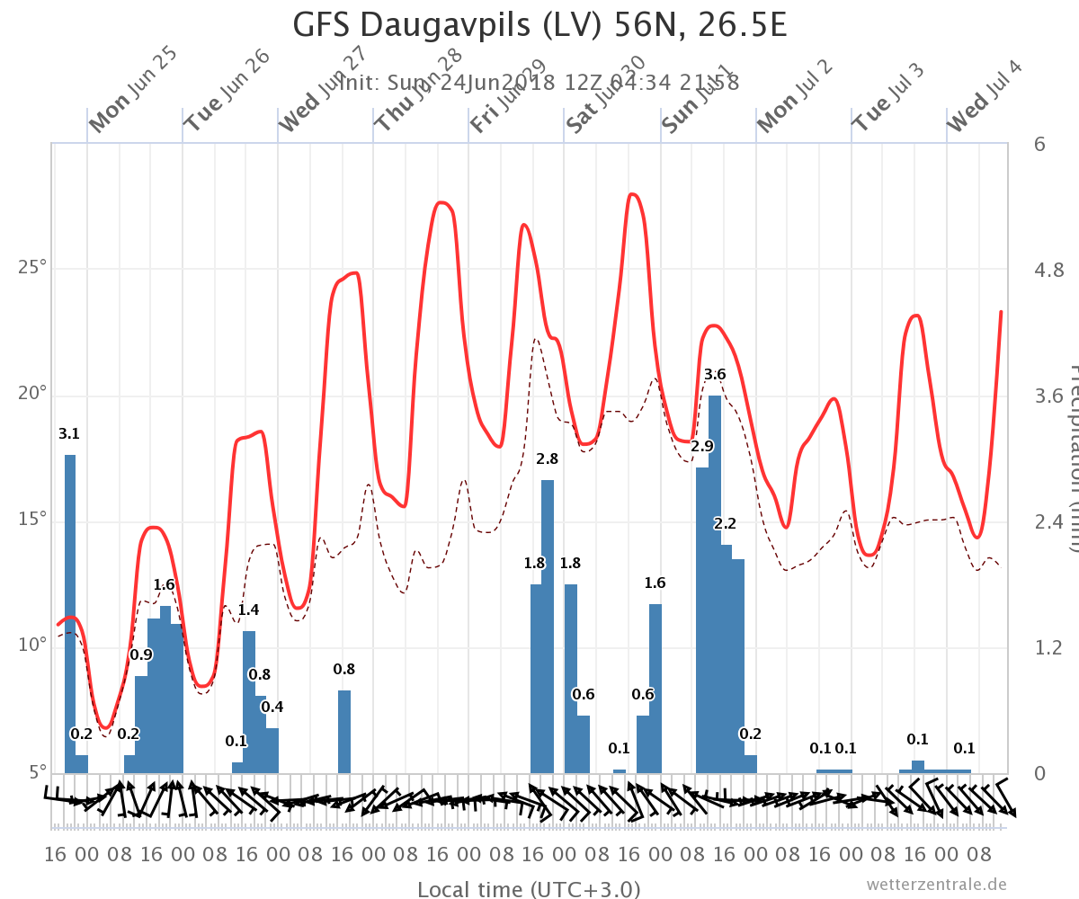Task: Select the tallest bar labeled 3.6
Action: [x=715, y=584]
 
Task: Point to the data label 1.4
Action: [x=248, y=610]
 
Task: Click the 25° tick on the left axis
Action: [x=31, y=269]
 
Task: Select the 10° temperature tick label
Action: [x=31, y=646]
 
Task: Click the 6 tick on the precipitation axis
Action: [x=1039, y=144]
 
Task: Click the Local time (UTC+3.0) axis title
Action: [x=529, y=889]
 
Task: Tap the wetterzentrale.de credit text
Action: [x=936, y=885]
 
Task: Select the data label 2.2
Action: [x=726, y=524]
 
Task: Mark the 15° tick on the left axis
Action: [x=31, y=521]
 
